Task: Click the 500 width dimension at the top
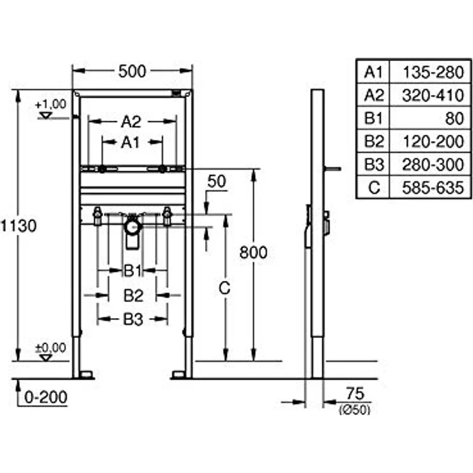132,71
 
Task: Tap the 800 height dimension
254,253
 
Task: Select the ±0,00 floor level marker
50,348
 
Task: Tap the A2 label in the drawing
131,120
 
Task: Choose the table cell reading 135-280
433,71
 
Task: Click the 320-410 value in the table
433,95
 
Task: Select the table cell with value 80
450,118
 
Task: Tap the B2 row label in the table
373,141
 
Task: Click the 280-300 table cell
433,165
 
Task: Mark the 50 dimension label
217,181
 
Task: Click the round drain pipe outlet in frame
132,226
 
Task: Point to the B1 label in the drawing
132,271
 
